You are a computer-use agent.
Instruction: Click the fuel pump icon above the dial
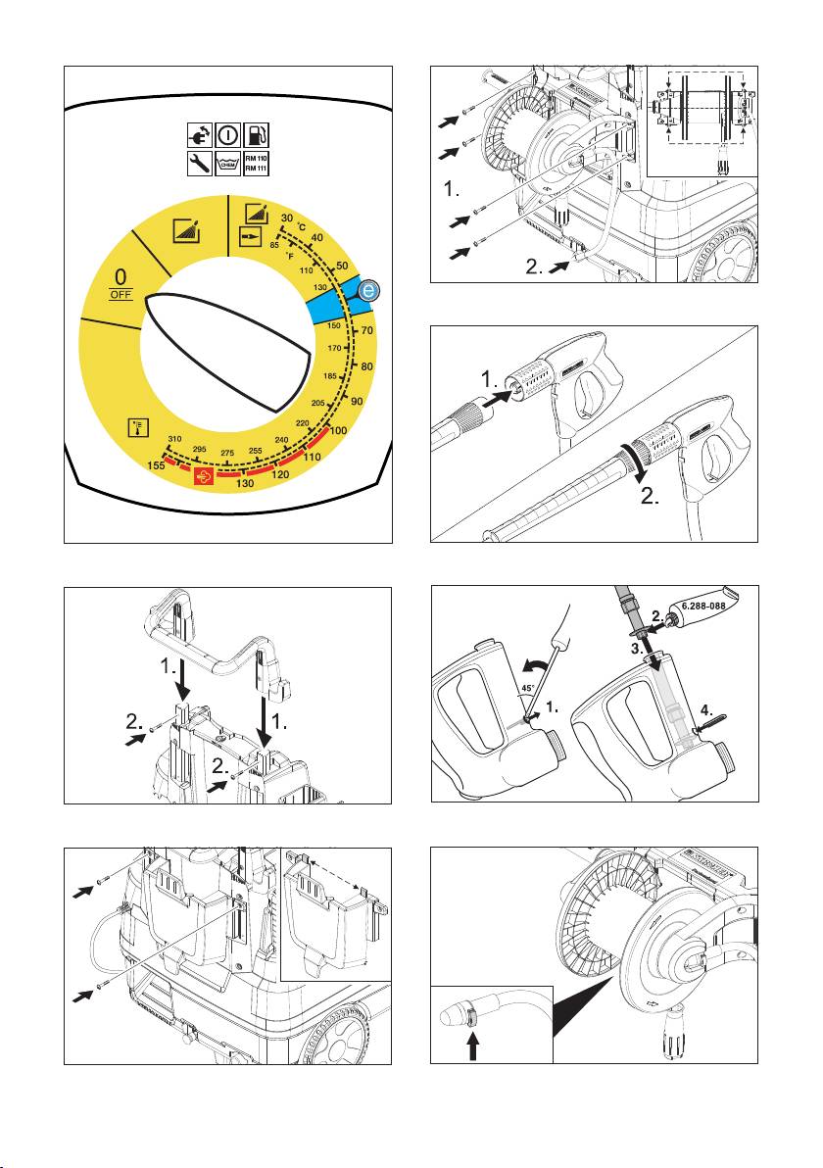click(x=256, y=134)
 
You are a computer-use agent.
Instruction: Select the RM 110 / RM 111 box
click(x=256, y=164)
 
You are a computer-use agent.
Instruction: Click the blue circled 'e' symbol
click(x=367, y=290)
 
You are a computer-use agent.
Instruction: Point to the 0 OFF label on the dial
click(x=121, y=285)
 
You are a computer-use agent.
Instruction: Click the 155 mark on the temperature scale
click(x=155, y=467)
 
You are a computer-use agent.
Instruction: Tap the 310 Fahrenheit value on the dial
click(x=175, y=439)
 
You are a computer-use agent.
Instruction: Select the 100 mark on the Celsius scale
click(x=338, y=431)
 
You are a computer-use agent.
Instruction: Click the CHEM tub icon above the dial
click(x=226, y=164)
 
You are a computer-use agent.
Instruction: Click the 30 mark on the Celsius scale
click(x=286, y=218)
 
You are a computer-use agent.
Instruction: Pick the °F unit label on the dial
click(x=290, y=256)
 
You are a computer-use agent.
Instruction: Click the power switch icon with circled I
click(x=226, y=134)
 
